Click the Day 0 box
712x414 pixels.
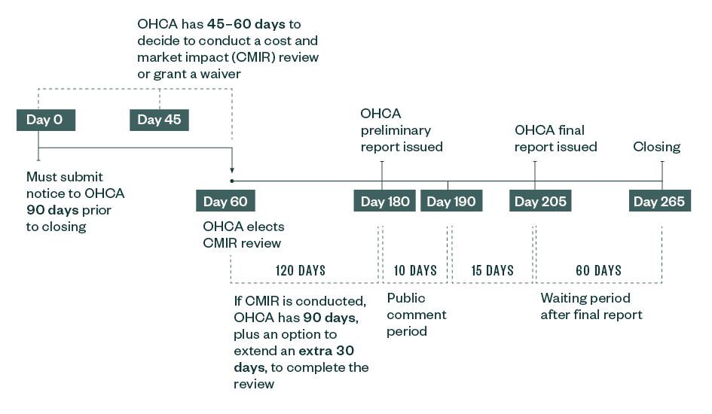pos(45,120)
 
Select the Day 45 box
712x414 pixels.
pos(159,120)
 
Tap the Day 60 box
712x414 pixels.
pos(225,201)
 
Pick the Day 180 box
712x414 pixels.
pos(384,201)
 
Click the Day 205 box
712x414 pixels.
pos(540,201)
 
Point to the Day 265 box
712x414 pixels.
pos(659,201)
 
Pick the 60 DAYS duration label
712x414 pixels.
pos(598,270)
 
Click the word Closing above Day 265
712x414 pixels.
pos(656,147)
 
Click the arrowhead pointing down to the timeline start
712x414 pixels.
pos(231,172)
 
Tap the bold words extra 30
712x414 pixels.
pos(326,351)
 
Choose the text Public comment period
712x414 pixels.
pos(417,314)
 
